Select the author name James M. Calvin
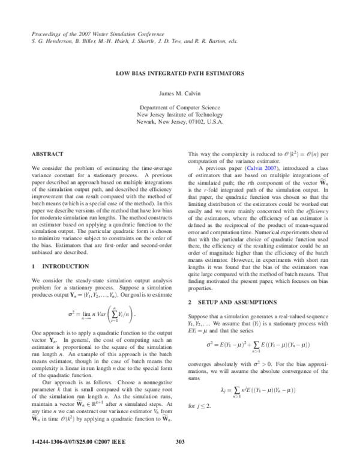pyautogui.click(x=180, y=93)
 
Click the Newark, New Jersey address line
pyautogui.click(x=180, y=121)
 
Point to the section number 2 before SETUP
pyautogui.click(x=190, y=301)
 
